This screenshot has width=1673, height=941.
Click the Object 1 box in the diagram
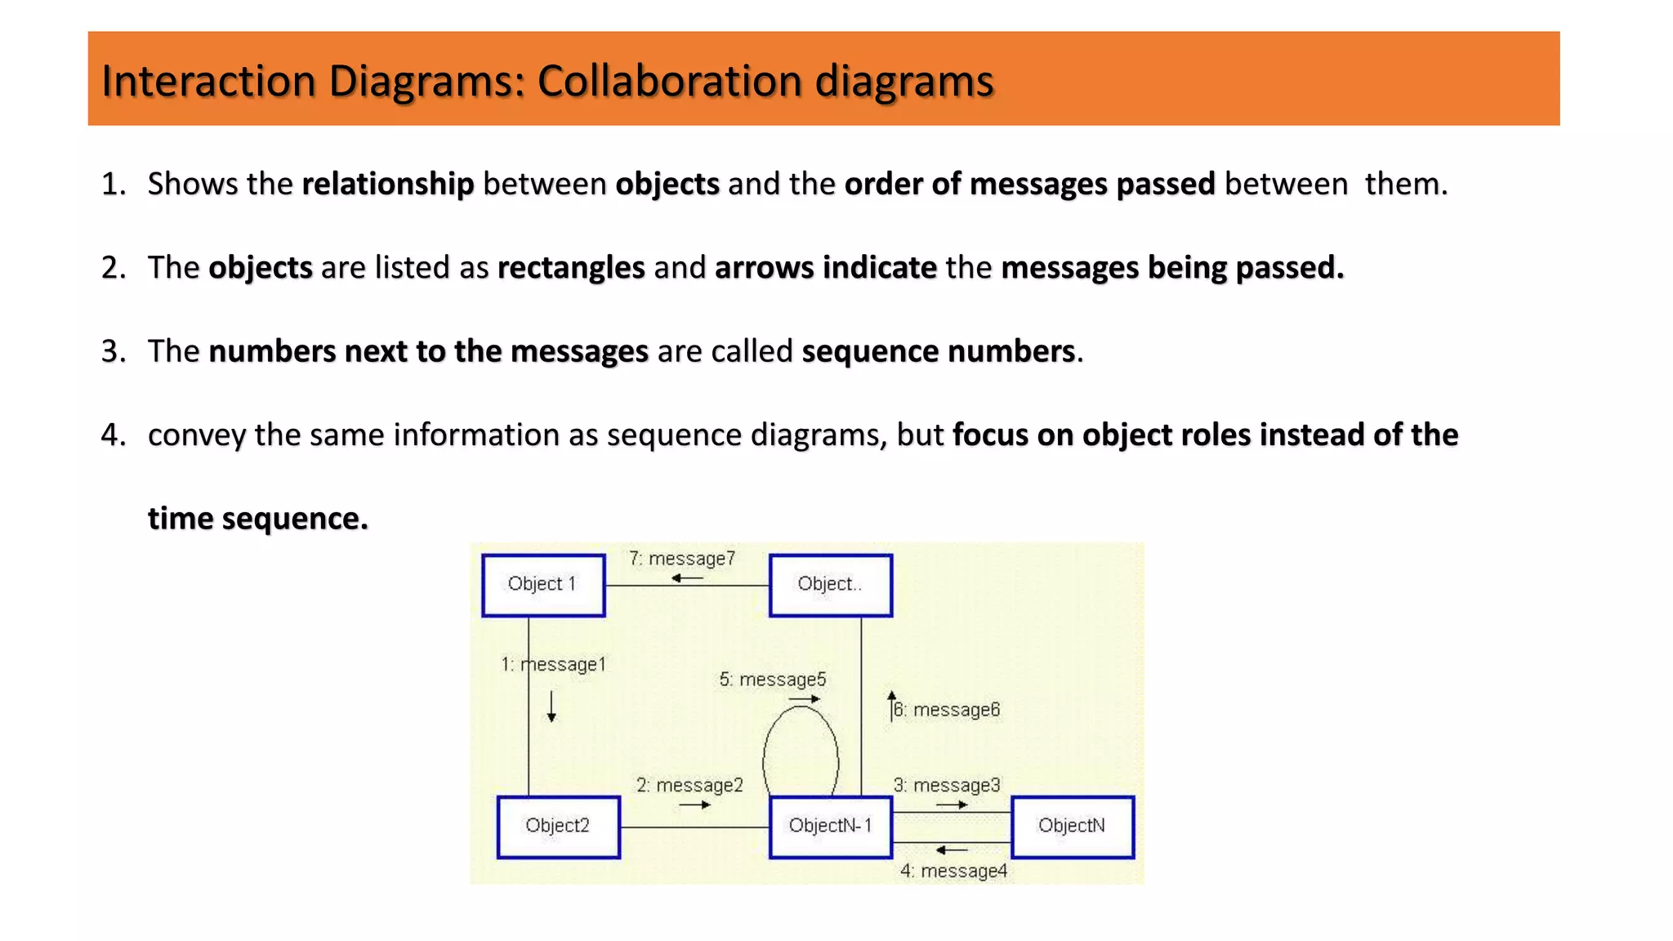pyautogui.click(x=543, y=585)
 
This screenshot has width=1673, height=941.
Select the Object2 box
pyautogui.click(x=558, y=826)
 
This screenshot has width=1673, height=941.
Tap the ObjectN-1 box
pyautogui.click(x=830, y=826)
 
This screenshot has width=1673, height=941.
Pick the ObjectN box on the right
pyautogui.click(x=1072, y=826)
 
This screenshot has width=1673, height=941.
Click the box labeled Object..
pyautogui.click(x=830, y=585)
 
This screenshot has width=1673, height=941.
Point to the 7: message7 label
pyautogui.click(x=682, y=559)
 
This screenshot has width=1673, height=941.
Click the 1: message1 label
pyautogui.click(x=554, y=665)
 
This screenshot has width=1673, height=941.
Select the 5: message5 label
pyautogui.click(x=773, y=680)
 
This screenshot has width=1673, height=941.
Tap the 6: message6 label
pyautogui.click(x=947, y=710)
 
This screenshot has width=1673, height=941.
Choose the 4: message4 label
pyautogui.click(x=953, y=872)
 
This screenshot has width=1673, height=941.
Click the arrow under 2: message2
pyautogui.click(x=694, y=805)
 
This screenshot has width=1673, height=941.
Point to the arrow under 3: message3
pyautogui.click(x=952, y=805)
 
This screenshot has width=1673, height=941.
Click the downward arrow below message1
pyautogui.click(x=551, y=706)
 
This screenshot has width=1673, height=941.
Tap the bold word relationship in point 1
pyautogui.click(x=388, y=184)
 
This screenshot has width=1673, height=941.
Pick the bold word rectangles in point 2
pyautogui.click(x=571, y=268)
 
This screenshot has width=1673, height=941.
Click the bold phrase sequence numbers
pyautogui.click(x=938, y=351)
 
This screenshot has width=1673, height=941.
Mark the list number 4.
pyautogui.click(x=113, y=435)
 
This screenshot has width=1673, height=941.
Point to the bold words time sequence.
pyautogui.click(x=257, y=519)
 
